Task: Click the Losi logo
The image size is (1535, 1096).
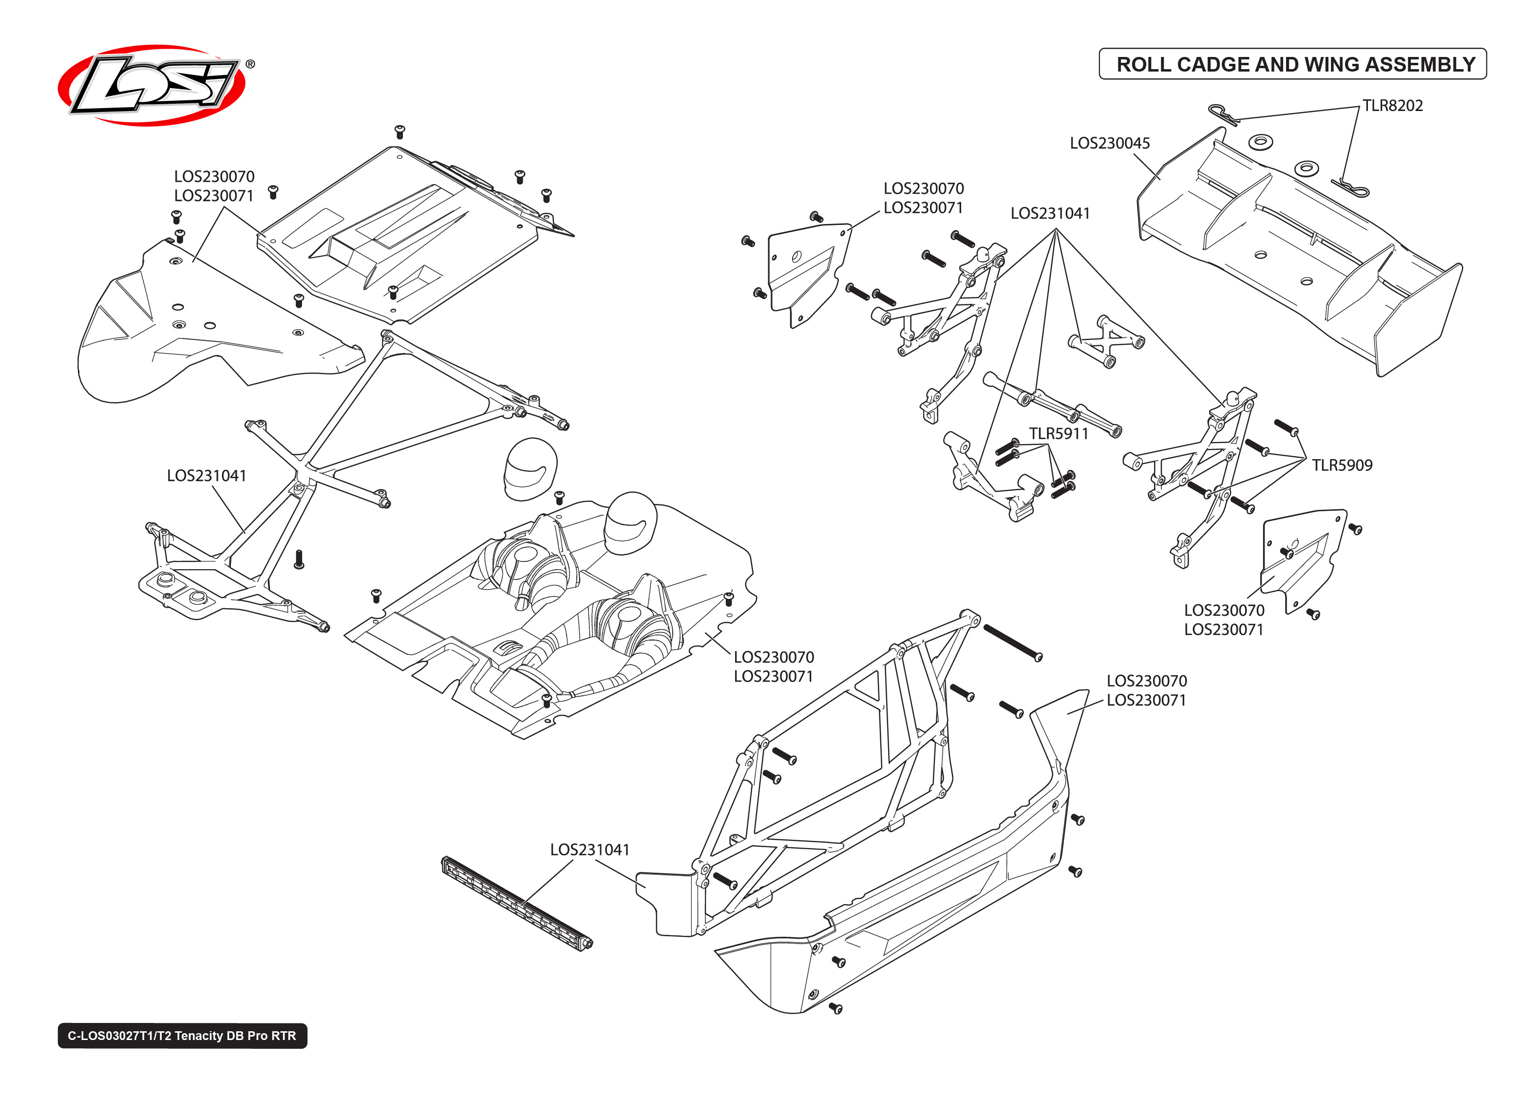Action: (152, 86)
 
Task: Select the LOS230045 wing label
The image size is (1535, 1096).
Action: (1109, 143)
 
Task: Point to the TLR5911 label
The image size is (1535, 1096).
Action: (1058, 434)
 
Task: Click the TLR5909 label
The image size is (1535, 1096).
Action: (1341, 465)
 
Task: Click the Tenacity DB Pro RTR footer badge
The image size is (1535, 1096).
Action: (182, 1035)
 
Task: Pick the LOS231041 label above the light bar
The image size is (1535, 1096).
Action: (589, 850)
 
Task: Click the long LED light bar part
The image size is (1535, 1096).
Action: (516, 904)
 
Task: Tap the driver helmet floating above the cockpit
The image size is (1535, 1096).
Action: (530, 469)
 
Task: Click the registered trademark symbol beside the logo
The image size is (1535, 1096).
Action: (250, 64)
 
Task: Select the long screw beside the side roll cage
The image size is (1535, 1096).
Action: (1012, 642)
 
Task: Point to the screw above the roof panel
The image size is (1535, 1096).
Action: (399, 130)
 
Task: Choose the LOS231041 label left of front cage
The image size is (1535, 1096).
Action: (206, 476)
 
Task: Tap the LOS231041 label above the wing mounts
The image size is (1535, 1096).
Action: (1050, 213)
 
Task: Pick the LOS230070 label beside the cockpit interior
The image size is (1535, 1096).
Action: (774, 657)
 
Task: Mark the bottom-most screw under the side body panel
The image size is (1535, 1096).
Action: (834, 1007)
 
